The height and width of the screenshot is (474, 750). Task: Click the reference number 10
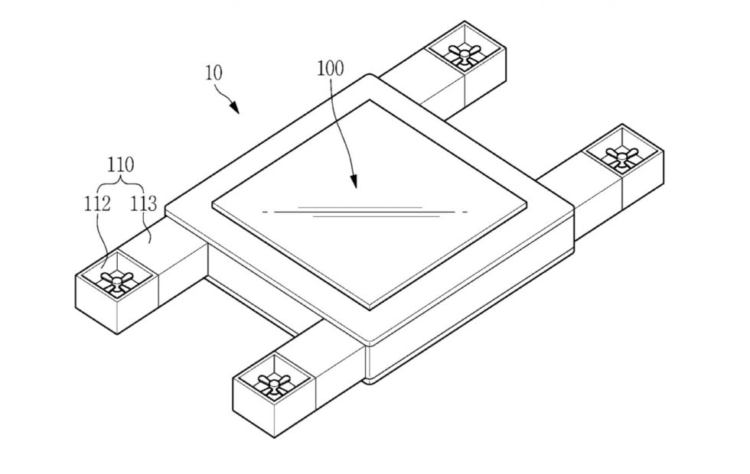coord(214,73)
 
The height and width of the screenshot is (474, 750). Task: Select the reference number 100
coord(331,68)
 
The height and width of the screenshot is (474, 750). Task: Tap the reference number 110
coord(120,165)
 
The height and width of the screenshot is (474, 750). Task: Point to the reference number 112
coord(98,204)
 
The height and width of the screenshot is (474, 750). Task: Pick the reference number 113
coord(144,204)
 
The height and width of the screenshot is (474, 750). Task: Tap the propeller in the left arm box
coord(116,280)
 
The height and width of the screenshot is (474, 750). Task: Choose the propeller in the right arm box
coord(621,156)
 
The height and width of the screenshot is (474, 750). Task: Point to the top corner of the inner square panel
coord(369,100)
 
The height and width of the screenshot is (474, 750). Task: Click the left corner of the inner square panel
coord(214,206)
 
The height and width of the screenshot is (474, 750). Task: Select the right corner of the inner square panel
coord(526,205)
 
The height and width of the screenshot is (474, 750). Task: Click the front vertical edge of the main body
coord(365,363)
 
